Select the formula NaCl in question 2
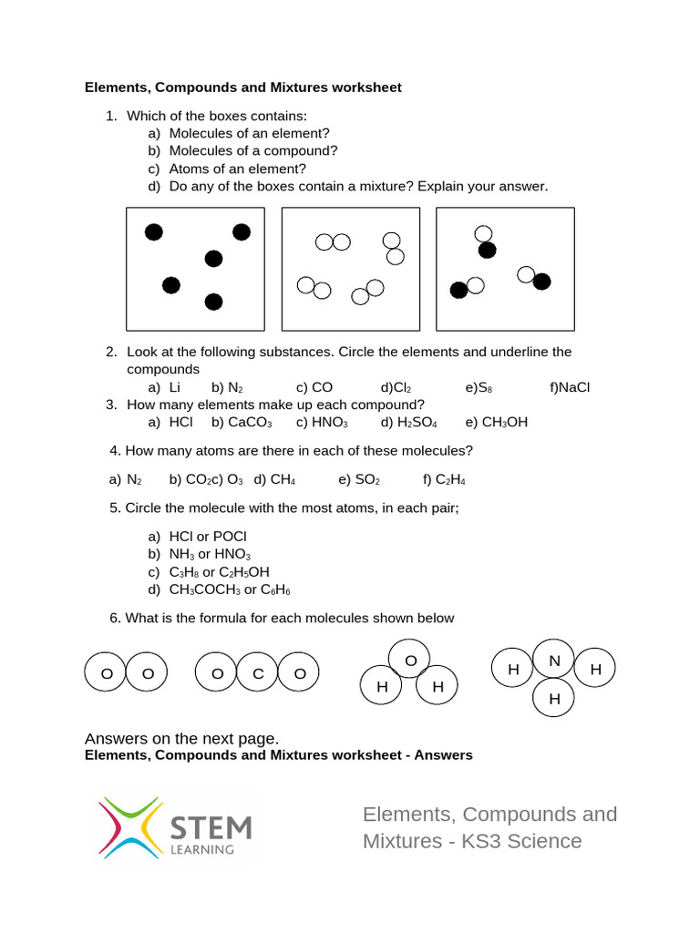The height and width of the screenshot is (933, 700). pyautogui.click(x=574, y=387)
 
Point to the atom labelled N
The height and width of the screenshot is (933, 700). pyautogui.click(x=553, y=661)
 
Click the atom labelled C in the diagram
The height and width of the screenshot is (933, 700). pyautogui.click(x=258, y=673)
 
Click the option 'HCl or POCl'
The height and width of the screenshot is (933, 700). pyautogui.click(x=208, y=537)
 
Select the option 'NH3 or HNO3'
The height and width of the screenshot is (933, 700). pyautogui.click(x=210, y=554)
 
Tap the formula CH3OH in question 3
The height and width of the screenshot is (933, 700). pyautogui.click(x=504, y=422)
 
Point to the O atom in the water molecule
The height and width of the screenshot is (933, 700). pyautogui.click(x=410, y=660)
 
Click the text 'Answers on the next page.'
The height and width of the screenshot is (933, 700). pyautogui.click(x=181, y=738)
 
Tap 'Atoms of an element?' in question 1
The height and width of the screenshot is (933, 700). pyautogui.click(x=238, y=169)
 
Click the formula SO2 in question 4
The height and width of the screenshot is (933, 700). pyautogui.click(x=367, y=479)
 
